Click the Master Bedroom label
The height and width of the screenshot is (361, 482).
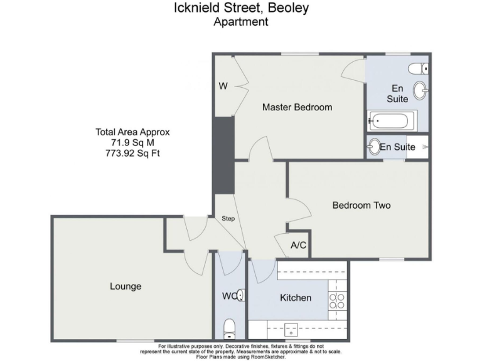coord(297,107)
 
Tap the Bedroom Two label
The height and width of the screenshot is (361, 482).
coord(361,205)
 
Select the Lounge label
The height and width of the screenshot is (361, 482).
coord(126,286)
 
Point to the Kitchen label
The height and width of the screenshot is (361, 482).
coord(295,298)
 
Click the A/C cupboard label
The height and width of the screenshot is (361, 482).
coord(299,245)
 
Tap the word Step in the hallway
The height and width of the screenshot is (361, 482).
coord(228,219)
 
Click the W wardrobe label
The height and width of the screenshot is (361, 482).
coord(223,86)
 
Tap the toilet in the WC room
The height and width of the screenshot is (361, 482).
coord(230,327)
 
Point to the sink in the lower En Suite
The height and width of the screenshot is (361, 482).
coord(374,147)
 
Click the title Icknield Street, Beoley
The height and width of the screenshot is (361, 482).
coord(241,8)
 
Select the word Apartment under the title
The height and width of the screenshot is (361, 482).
coord(241,22)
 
